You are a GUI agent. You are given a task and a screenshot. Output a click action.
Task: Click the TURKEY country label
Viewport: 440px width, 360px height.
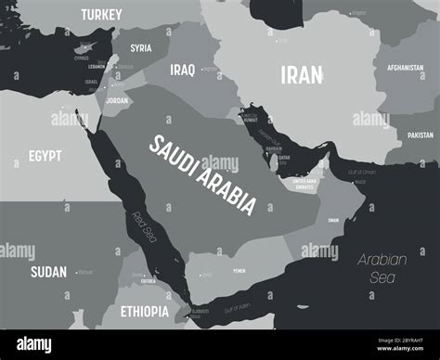pyautogui.click(x=101, y=14)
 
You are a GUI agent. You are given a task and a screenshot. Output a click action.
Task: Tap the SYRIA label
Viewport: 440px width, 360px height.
pyautogui.click(x=141, y=48)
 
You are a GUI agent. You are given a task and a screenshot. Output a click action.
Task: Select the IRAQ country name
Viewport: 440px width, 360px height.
pyautogui.click(x=182, y=70)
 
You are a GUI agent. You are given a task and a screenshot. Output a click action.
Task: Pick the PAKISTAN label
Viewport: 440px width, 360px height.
pyautogui.click(x=420, y=135)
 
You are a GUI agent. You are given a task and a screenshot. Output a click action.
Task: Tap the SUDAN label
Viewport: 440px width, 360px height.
pyautogui.click(x=48, y=271)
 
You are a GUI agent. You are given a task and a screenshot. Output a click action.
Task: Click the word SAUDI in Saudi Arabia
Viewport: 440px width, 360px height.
pyautogui.click(x=175, y=154)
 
